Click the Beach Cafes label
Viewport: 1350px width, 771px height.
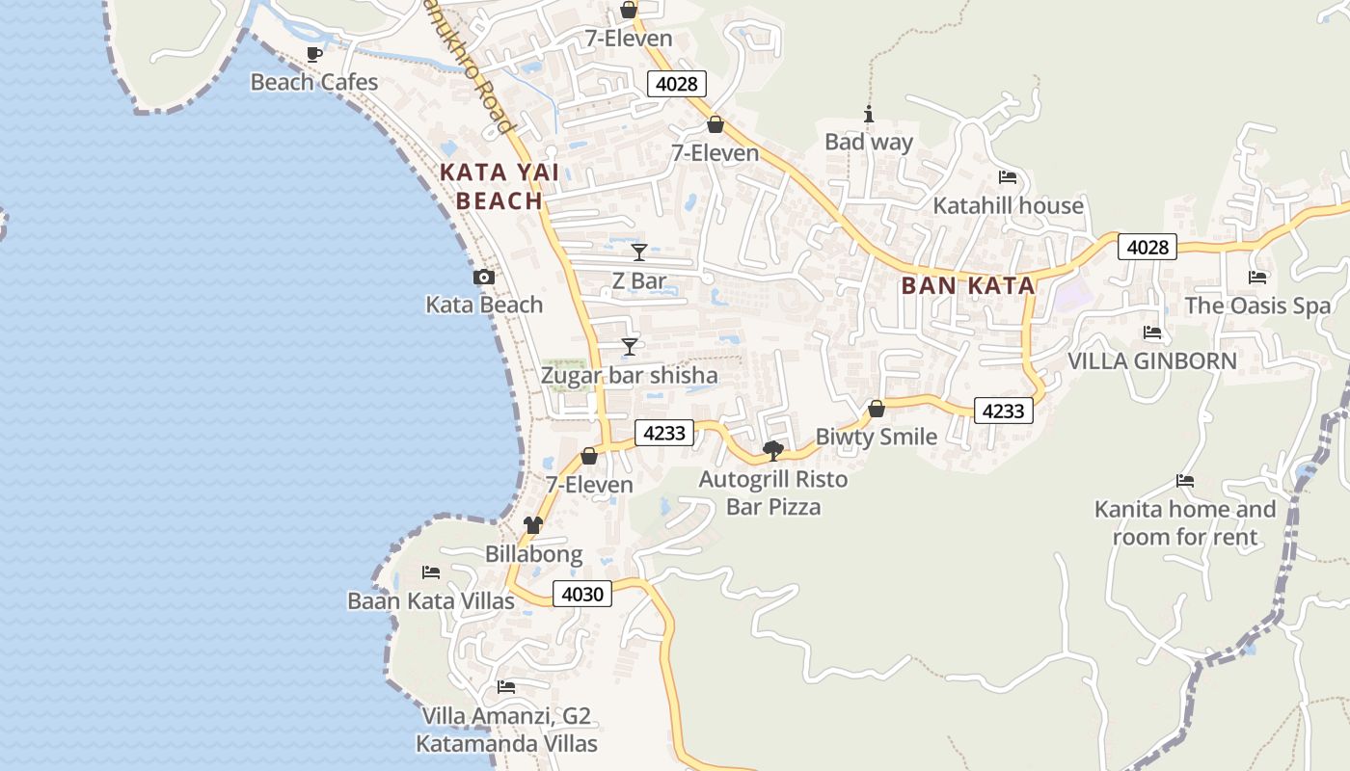[x=314, y=82]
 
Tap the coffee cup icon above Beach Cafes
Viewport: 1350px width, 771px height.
[x=312, y=54]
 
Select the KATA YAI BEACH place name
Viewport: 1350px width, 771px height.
[x=499, y=187]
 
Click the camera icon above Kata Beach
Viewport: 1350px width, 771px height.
[x=484, y=278]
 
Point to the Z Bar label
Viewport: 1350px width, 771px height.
[x=639, y=281]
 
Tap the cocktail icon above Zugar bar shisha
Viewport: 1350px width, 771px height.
[x=630, y=346]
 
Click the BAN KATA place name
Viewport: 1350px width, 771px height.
[x=968, y=285]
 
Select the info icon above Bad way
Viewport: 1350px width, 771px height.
[x=869, y=115]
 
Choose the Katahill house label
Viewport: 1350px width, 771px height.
[x=1008, y=205]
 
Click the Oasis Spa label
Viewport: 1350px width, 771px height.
[x=1257, y=306]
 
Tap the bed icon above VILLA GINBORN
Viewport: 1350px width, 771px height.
[x=1152, y=332]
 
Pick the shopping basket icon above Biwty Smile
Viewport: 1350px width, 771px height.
[x=877, y=409]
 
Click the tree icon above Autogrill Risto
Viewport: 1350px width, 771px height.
[x=772, y=450]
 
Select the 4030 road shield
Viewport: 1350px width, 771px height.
[x=582, y=594]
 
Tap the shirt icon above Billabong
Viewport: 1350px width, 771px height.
[x=533, y=525]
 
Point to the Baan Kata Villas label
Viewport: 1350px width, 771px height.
[x=431, y=601]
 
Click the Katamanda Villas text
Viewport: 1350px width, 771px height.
[x=506, y=744]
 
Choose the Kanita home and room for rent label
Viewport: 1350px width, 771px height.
[x=1185, y=522]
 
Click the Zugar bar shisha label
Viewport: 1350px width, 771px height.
[x=629, y=375]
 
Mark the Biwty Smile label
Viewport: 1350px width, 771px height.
[x=877, y=437]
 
